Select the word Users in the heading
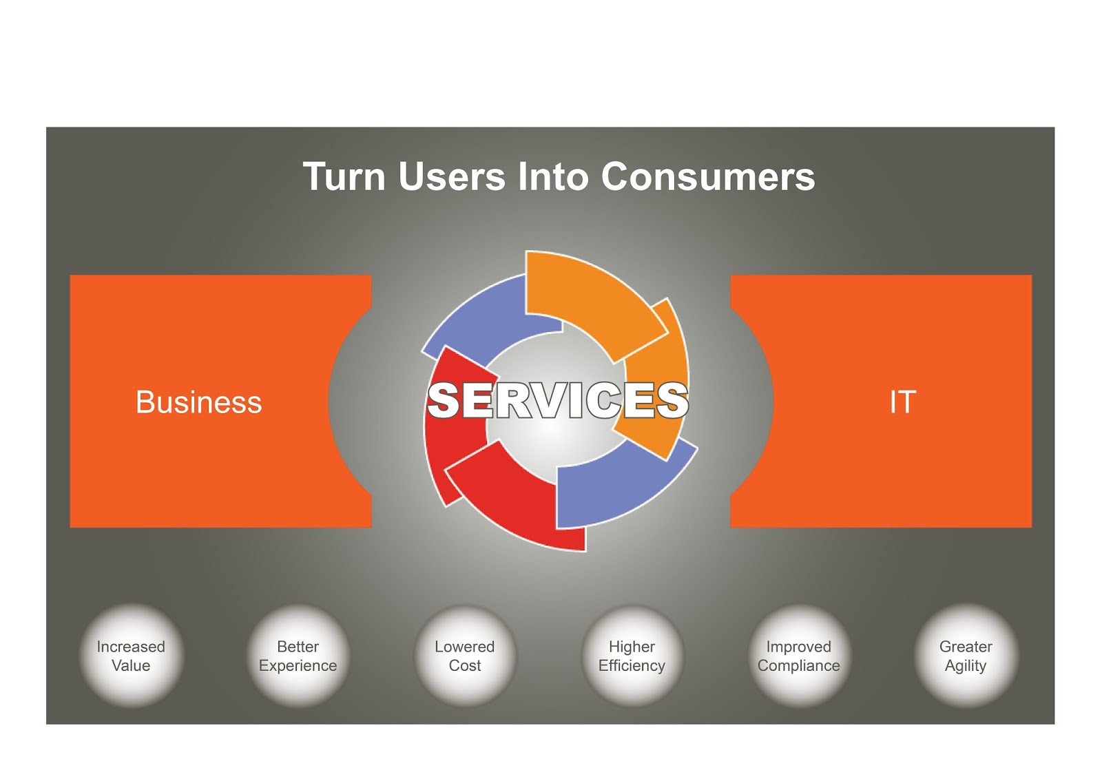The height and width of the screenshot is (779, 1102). pyautogui.click(x=452, y=177)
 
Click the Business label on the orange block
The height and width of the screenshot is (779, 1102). pyautogui.click(x=198, y=402)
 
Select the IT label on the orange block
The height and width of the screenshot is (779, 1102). pyautogui.click(x=902, y=402)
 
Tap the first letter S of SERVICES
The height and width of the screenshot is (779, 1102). pyautogui.click(x=444, y=401)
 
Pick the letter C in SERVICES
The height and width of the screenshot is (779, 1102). pyautogui.click(x=607, y=401)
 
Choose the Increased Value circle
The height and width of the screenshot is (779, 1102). pyautogui.click(x=132, y=656)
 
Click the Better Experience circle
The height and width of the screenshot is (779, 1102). pyautogui.click(x=298, y=656)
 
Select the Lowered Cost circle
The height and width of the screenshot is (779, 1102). pyautogui.click(x=465, y=656)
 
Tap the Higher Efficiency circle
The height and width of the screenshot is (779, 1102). pyautogui.click(x=632, y=656)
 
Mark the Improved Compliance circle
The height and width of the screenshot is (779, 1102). pyautogui.click(x=799, y=656)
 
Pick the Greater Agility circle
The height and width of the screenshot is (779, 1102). pyautogui.click(x=966, y=656)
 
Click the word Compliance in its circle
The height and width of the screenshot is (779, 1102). pyautogui.click(x=799, y=666)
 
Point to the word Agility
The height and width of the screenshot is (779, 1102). pyautogui.click(x=966, y=666)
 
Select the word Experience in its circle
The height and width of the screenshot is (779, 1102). pyautogui.click(x=298, y=666)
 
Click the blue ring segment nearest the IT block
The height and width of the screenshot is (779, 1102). pyautogui.click(x=620, y=489)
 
